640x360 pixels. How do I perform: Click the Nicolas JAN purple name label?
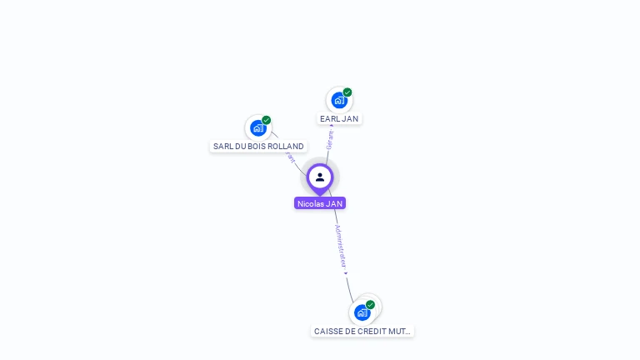tap(320, 203)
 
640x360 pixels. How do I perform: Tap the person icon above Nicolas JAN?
tap(320, 177)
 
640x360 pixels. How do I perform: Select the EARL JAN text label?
tap(339, 119)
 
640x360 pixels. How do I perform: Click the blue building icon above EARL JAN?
tap(338, 101)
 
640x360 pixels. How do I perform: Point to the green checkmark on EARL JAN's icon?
tap(347, 92)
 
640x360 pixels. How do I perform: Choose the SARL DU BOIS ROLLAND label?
tap(258, 147)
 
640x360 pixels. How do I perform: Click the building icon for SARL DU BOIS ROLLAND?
tap(257, 128)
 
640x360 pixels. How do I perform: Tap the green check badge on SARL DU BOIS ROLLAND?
tap(267, 120)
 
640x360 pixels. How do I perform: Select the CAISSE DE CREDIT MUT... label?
tap(362, 331)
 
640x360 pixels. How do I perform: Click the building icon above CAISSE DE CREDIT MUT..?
tap(362, 313)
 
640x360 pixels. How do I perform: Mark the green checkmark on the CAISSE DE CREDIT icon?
tap(370, 305)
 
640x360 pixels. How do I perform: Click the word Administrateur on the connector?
tap(340, 245)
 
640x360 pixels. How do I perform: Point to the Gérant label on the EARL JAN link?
tap(330, 141)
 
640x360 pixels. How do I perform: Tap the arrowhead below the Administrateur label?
tap(346, 273)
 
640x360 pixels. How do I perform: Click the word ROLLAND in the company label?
tap(287, 147)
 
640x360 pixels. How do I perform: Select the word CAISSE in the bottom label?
tap(327, 331)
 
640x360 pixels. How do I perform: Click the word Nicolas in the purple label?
tap(310, 203)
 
